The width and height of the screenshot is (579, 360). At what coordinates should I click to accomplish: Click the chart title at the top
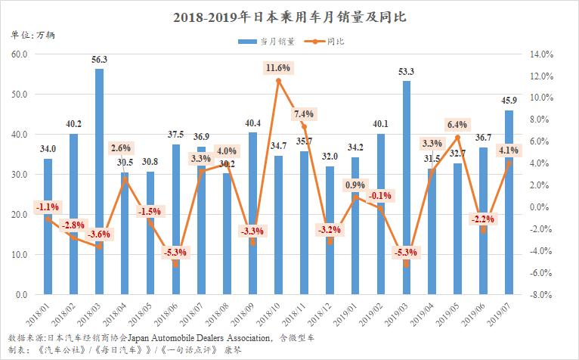(x=289, y=16)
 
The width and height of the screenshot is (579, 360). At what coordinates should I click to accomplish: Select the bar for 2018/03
(x=99, y=182)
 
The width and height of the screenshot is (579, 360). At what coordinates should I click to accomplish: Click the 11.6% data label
(x=278, y=68)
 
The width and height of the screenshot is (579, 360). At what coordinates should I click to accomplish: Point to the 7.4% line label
(x=304, y=114)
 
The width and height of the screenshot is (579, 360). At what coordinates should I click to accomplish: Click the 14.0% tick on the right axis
(x=543, y=54)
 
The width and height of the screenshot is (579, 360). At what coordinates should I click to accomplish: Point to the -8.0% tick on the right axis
(x=543, y=294)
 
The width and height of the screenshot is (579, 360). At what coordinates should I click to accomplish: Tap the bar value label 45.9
(x=509, y=101)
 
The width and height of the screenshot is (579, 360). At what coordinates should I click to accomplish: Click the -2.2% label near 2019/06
(x=484, y=219)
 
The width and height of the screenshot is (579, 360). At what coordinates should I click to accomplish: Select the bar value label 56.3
(x=99, y=59)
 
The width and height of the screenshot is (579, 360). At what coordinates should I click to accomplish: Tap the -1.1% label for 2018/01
(x=48, y=206)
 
